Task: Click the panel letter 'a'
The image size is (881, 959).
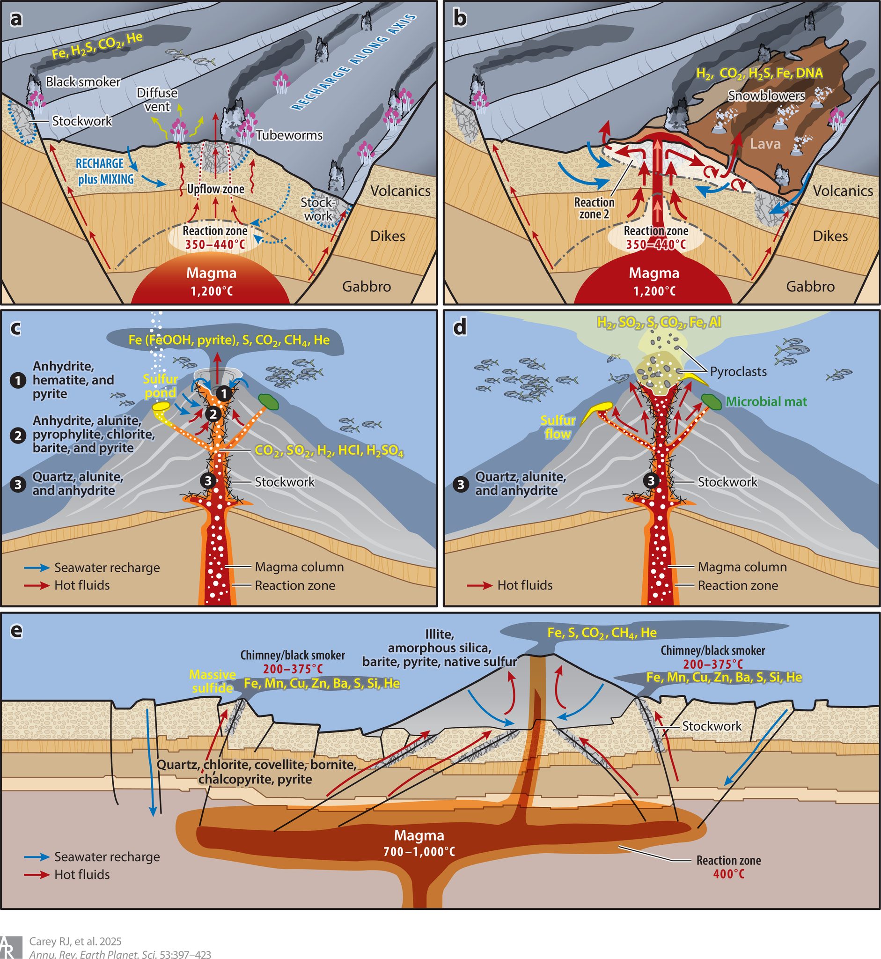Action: [x=17, y=19]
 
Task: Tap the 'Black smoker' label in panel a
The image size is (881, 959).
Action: [x=83, y=82]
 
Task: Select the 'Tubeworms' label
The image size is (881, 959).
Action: [x=289, y=135]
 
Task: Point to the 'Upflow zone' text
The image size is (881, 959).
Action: [x=215, y=189]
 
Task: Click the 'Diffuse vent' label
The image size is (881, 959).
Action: [x=157, y=100]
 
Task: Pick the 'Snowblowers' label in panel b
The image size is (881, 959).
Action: [x=766, y=96]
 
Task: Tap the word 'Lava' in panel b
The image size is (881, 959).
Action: [x=765, y=144]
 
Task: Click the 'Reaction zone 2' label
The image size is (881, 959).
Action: [x=594, y=208]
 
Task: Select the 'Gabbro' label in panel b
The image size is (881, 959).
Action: [x=810, y=286]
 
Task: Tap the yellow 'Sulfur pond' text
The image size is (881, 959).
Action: [x=161, y=386]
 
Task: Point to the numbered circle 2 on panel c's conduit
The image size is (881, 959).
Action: [x=213, y=414]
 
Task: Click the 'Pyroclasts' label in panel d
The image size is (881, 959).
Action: [x=738, y=371]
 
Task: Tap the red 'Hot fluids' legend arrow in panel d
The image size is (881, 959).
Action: [x=480, y=585]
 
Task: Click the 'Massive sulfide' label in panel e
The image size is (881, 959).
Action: [x=213, y=681]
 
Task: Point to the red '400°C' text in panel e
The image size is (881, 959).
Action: [x=728, y=874]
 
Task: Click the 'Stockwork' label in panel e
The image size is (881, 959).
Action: [x=712, y=726]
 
